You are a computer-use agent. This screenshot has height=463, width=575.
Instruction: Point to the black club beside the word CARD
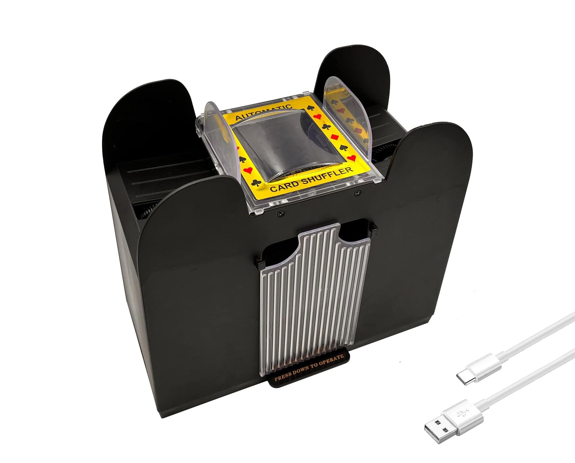coord(256,183)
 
